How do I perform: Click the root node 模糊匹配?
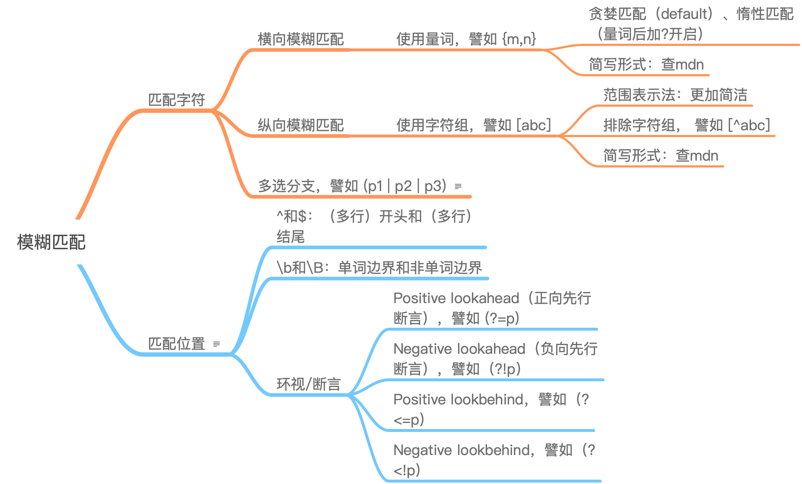[x=51, y=242]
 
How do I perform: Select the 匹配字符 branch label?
[x=177, y=100]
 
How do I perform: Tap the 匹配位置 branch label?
[x=177, y=344]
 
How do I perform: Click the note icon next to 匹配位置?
[x=217, y=344]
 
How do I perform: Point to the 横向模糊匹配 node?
[x=300, y=39]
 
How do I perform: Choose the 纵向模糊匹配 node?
[x=300, y=125]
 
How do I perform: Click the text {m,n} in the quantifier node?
[x=519, y=39]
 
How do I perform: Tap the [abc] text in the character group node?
[x=534, y=125]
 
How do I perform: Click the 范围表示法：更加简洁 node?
[x=675, y=95]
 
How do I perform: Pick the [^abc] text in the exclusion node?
[x=749, y=125]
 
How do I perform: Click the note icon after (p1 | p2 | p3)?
[x=458, y=187]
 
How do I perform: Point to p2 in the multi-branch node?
[x=403, y=186]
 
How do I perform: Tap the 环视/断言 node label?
[x=308, y=384]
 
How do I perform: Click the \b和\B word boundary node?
[x=379, y=268]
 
